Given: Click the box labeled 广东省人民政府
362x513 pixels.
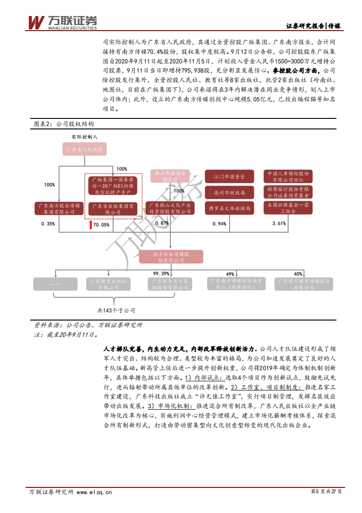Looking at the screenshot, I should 84,149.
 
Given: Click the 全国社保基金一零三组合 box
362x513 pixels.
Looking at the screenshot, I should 288,208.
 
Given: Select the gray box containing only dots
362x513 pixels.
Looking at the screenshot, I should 55,284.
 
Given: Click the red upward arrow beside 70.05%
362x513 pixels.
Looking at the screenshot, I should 90,224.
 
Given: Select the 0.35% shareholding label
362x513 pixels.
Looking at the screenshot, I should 48,224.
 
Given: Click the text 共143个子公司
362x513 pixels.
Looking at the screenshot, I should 116,310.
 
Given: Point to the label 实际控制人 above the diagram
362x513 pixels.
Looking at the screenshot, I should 84,137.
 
